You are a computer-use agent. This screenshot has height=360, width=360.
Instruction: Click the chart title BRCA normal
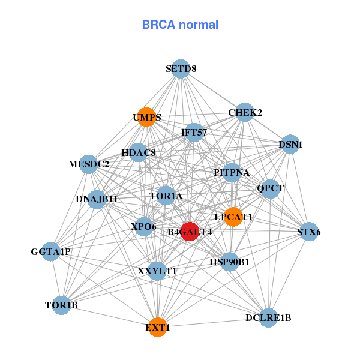180,25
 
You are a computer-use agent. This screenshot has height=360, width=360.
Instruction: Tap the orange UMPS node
146,117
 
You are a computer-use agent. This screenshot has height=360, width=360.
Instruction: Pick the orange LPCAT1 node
233,217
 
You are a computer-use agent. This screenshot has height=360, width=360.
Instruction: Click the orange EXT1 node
157,327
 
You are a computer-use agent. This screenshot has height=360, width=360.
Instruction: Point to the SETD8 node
181,69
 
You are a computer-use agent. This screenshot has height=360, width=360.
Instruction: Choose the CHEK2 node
245,112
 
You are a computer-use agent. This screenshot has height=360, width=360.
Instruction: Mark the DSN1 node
290,145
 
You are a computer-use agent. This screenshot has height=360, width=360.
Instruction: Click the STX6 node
308,232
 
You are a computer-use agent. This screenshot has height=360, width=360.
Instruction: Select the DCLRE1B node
268,317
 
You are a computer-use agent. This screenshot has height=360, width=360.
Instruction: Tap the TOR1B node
61,305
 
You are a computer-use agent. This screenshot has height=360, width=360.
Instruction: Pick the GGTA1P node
51,252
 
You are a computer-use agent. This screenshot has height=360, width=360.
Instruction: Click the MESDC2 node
89,164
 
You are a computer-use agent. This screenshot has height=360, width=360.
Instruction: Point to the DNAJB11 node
97,199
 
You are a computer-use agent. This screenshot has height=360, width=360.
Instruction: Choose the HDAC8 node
139,152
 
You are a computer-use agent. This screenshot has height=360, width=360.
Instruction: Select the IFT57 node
194,132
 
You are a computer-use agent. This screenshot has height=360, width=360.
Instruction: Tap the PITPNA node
232,173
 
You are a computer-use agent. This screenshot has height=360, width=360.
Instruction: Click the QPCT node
270,188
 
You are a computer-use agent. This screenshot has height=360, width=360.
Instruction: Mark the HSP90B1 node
230,262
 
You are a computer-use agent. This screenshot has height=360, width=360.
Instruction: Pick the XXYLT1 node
157,271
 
